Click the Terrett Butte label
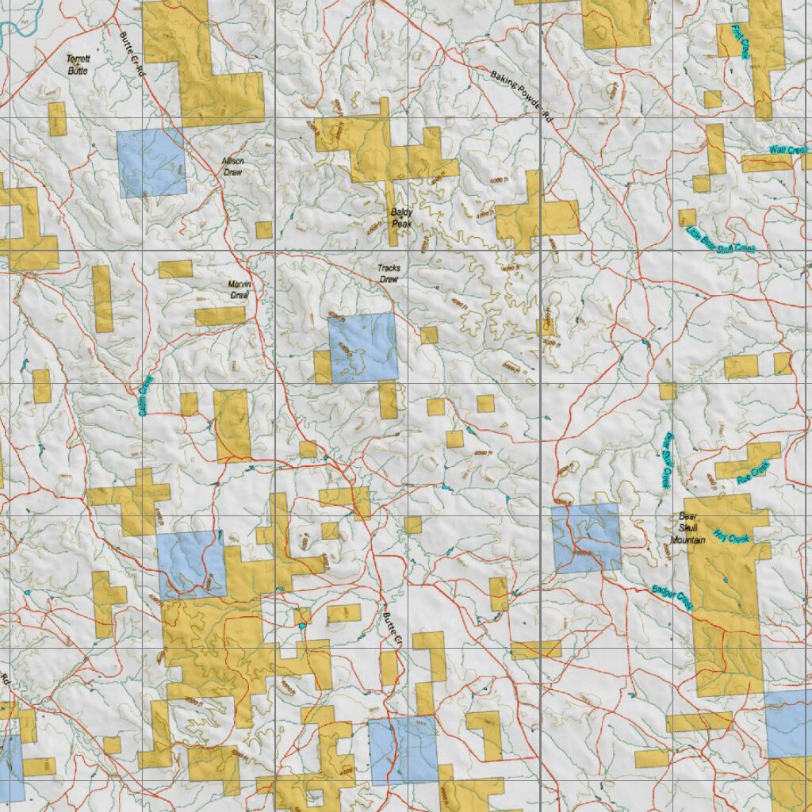pos(77,64)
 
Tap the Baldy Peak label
pos(401,216)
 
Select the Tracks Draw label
pos(389,274)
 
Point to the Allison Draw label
pos(232,166)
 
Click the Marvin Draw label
pos(239,289)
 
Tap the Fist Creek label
pos(741,41)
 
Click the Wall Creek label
pos(787,150)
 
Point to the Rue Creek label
pos(753,471)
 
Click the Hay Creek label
pos(730,537)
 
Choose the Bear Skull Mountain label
pos(688,527)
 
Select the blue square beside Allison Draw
pos(151,163)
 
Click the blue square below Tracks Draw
pos(363,347)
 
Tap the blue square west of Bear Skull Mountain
pos(586,538)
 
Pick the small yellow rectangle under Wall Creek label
pos(766,163)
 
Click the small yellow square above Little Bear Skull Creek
pos(687,217)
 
